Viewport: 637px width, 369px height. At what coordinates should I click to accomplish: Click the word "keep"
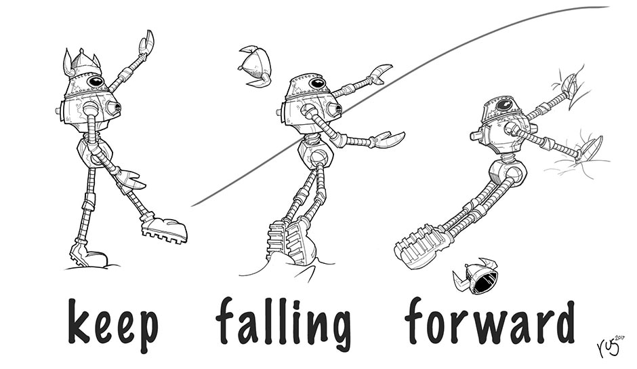coord(113,324)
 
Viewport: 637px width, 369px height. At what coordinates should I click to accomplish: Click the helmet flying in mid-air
coord(255,66)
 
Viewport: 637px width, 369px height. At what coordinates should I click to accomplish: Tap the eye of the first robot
coord(96,81)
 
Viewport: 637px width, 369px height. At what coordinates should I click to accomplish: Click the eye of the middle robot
coord(317,83)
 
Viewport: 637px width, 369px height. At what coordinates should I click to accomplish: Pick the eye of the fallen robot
coord(503,106)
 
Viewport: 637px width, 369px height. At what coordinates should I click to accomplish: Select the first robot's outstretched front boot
coord(165,229)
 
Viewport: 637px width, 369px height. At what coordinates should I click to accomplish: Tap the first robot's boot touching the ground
coord(87,256)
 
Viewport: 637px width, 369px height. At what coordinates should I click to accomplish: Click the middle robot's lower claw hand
coord(388,139)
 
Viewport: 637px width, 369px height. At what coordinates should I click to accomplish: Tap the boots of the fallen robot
coord(424,243)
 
